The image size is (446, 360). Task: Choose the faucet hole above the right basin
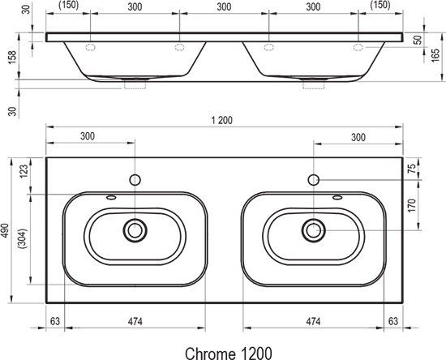click(313, 178)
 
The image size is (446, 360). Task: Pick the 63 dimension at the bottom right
click(392, 323)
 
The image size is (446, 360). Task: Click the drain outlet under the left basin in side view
click(134, 82)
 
